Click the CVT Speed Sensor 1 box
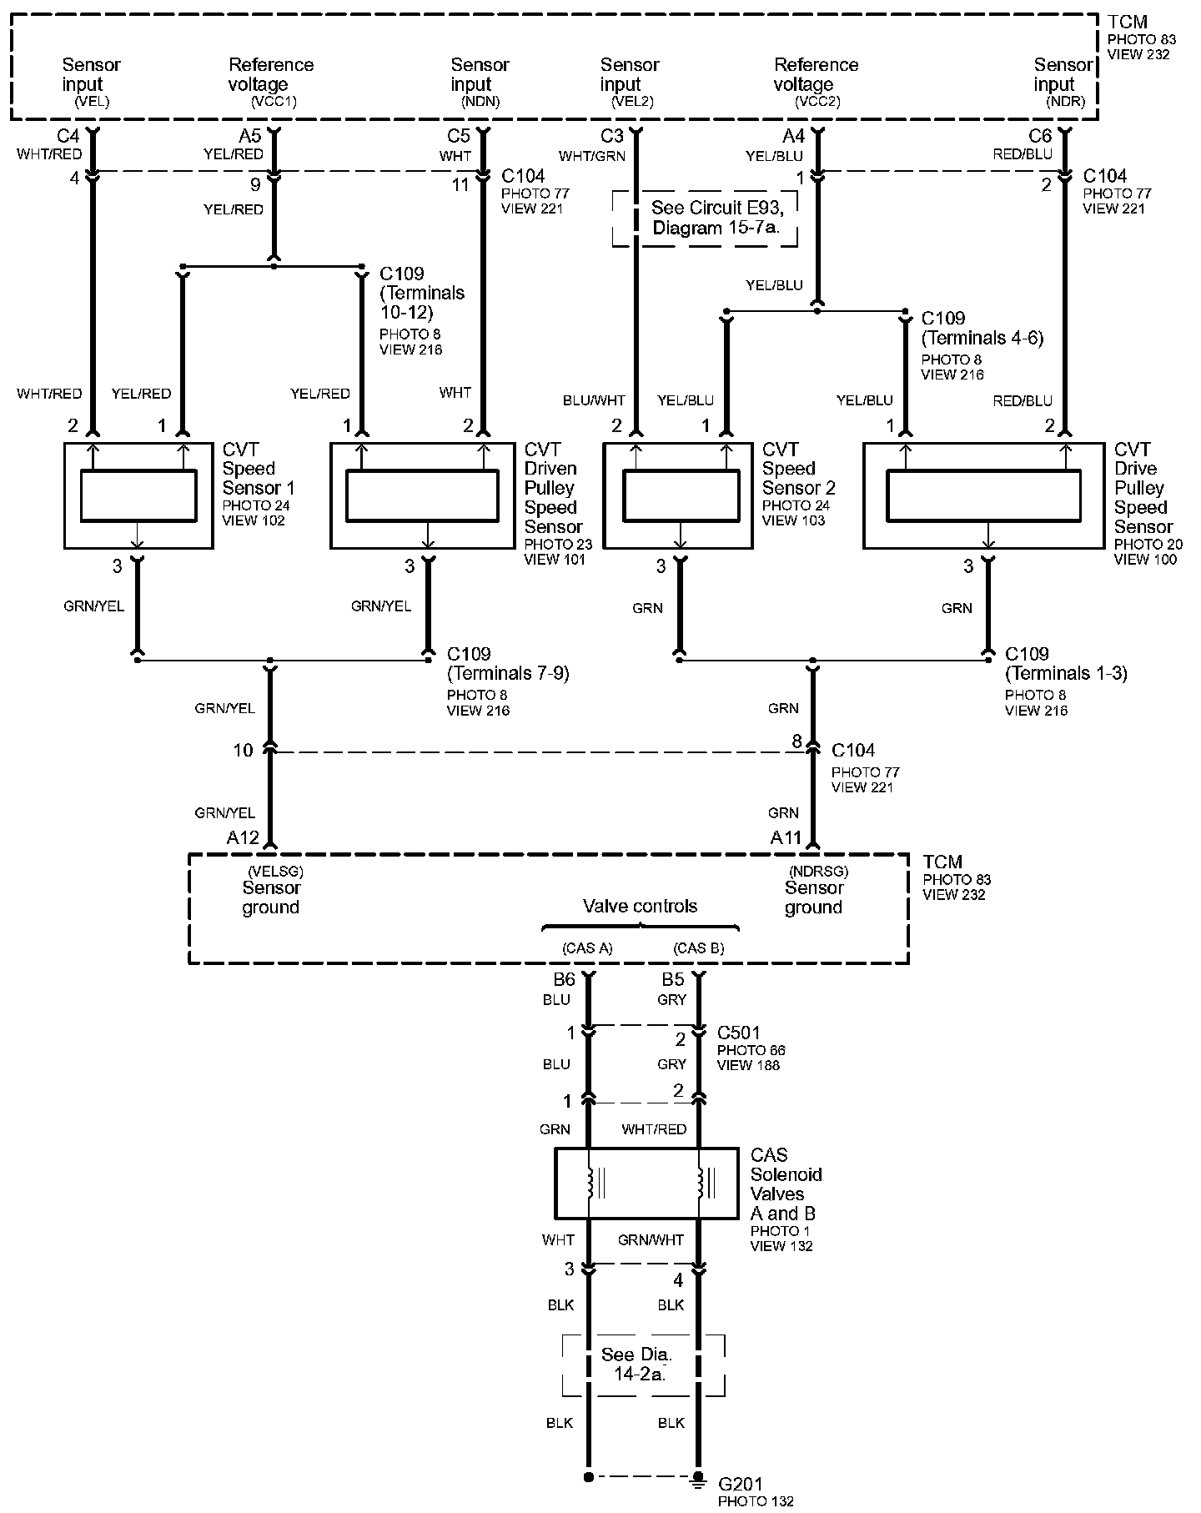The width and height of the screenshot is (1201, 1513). [138, 495]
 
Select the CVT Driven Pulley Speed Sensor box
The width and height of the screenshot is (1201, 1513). [422, 495]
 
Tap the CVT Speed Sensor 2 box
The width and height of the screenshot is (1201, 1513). [678, 495]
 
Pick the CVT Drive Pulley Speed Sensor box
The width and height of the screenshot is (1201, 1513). [984, 495]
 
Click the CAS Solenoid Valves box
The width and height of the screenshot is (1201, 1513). [646, 1183]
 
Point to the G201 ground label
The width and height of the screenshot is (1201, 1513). [740, 1485]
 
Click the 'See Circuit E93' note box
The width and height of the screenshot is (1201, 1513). [705, 218]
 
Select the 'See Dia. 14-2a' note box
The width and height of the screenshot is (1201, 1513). [642, 1365]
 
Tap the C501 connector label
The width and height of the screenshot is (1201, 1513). [739, 1033]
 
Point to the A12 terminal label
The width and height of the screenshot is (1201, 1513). [243, 837]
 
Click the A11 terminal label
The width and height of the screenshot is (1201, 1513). [786, 837]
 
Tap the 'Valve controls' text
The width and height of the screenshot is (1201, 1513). [640, 906]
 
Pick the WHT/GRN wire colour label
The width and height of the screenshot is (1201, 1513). [591, 156]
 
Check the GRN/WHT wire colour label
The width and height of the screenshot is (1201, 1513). [651, 1240]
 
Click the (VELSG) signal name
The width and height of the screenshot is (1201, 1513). [275, 872]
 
